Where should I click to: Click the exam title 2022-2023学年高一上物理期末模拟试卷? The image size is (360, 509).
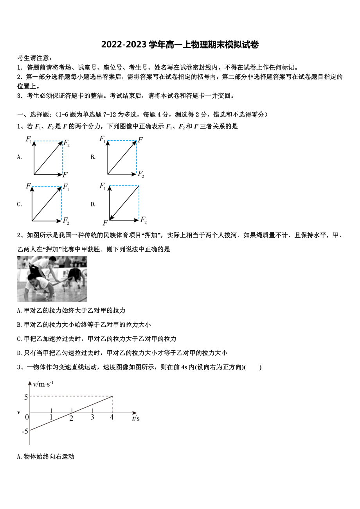180,45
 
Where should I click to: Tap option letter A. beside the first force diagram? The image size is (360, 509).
19,157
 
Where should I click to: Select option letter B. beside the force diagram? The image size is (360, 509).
93,157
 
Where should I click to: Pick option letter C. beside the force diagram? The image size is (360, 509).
19,204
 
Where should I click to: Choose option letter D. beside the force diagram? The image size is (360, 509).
93,204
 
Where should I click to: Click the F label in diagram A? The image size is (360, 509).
65,174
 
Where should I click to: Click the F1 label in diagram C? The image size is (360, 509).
66,186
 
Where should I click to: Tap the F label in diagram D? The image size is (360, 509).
105,223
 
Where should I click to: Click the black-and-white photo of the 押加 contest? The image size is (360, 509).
52,279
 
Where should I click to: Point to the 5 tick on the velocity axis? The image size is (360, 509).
26,397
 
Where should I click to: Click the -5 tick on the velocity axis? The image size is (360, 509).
25,431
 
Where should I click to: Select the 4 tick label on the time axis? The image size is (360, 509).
112,418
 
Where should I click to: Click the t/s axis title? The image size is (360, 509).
136,418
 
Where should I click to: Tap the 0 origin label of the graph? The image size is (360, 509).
27,418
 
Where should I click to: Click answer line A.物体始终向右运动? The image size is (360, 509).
46,456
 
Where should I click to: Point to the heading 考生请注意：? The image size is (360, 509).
35,58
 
